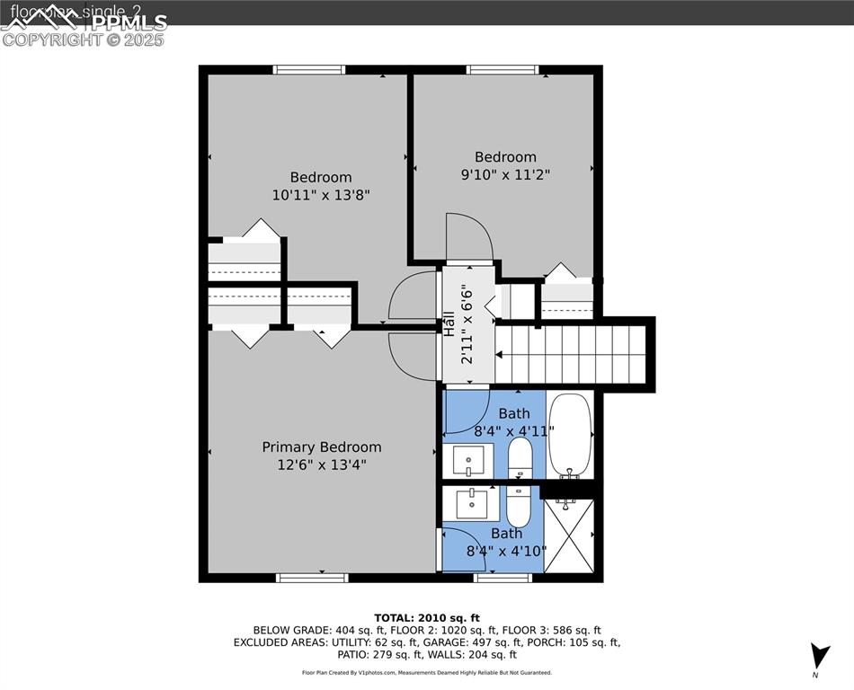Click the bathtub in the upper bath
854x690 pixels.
(570, 437)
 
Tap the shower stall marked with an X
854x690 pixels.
(570, 537)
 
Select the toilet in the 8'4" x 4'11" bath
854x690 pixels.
(520, 461)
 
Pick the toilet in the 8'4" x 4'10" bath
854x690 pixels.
(519, 507)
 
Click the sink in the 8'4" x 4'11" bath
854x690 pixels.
(468, 462)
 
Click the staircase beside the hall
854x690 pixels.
(571, 354)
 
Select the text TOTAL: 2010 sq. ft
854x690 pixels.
(427, 617)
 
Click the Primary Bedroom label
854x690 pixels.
(321, 447)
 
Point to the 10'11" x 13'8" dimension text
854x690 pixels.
(321, 194)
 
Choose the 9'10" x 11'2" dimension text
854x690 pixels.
(505, 174)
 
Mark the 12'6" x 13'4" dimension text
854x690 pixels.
(321, 464)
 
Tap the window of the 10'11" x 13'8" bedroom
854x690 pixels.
(309, 70)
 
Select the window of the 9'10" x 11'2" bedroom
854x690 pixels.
(503, 70)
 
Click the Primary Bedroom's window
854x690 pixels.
(311, 578)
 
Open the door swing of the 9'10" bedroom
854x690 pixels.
(469, 237)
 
